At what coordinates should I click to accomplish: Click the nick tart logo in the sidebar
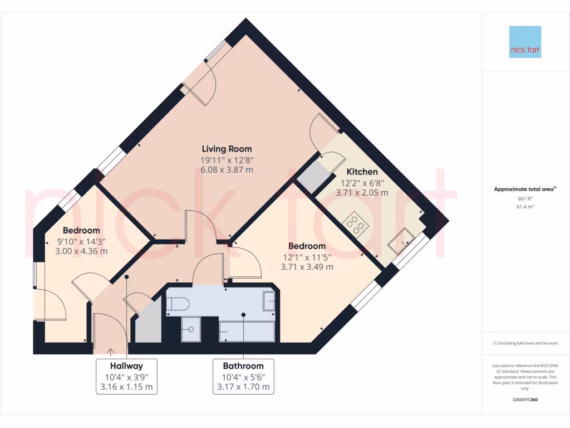click(x=525, y=42)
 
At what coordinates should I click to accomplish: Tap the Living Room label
click(x=227, y=149)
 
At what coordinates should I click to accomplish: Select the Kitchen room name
click(x=362, y=172)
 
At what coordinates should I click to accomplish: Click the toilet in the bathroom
click(x=178, y=304)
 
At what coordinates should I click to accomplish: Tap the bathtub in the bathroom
click(x=247, y=331)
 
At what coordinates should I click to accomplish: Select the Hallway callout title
click(x=126, y=366)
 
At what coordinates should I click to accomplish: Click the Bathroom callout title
click(x=243, y=366)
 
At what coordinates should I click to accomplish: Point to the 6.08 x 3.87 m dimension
click(x=227, y=170)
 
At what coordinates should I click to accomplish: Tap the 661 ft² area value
click(x=525, y=198)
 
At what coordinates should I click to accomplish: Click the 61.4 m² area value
click(x=525, y=207)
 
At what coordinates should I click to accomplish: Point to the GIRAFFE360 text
click(x=525, y=400)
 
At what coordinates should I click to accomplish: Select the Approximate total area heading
click(x=525, y=189)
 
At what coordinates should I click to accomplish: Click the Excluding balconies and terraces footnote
click(x=525, y=343)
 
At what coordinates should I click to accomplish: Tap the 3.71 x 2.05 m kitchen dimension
click(x=362, y=193)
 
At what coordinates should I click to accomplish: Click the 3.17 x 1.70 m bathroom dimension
click(x=243, y=387)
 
